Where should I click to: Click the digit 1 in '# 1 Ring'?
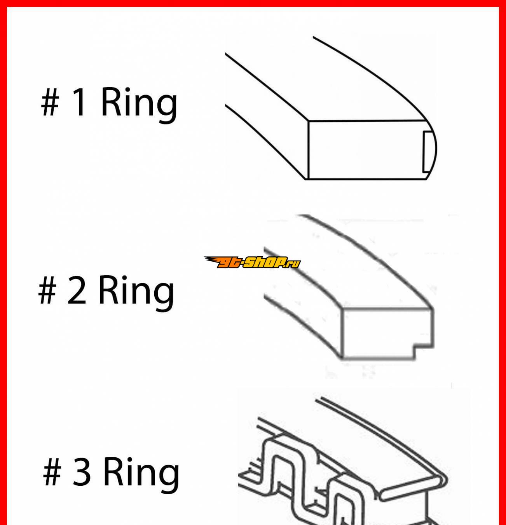(79, 102)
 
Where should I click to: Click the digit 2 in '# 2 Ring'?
(77, 290)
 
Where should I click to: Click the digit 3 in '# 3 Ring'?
(81, 472)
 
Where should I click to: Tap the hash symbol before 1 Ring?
(50, 103)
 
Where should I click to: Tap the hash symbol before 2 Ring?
(47, 290)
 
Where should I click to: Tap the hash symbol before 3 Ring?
(52, 472)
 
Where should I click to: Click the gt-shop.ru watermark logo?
(252, 262)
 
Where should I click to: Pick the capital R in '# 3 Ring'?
(115, 472)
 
